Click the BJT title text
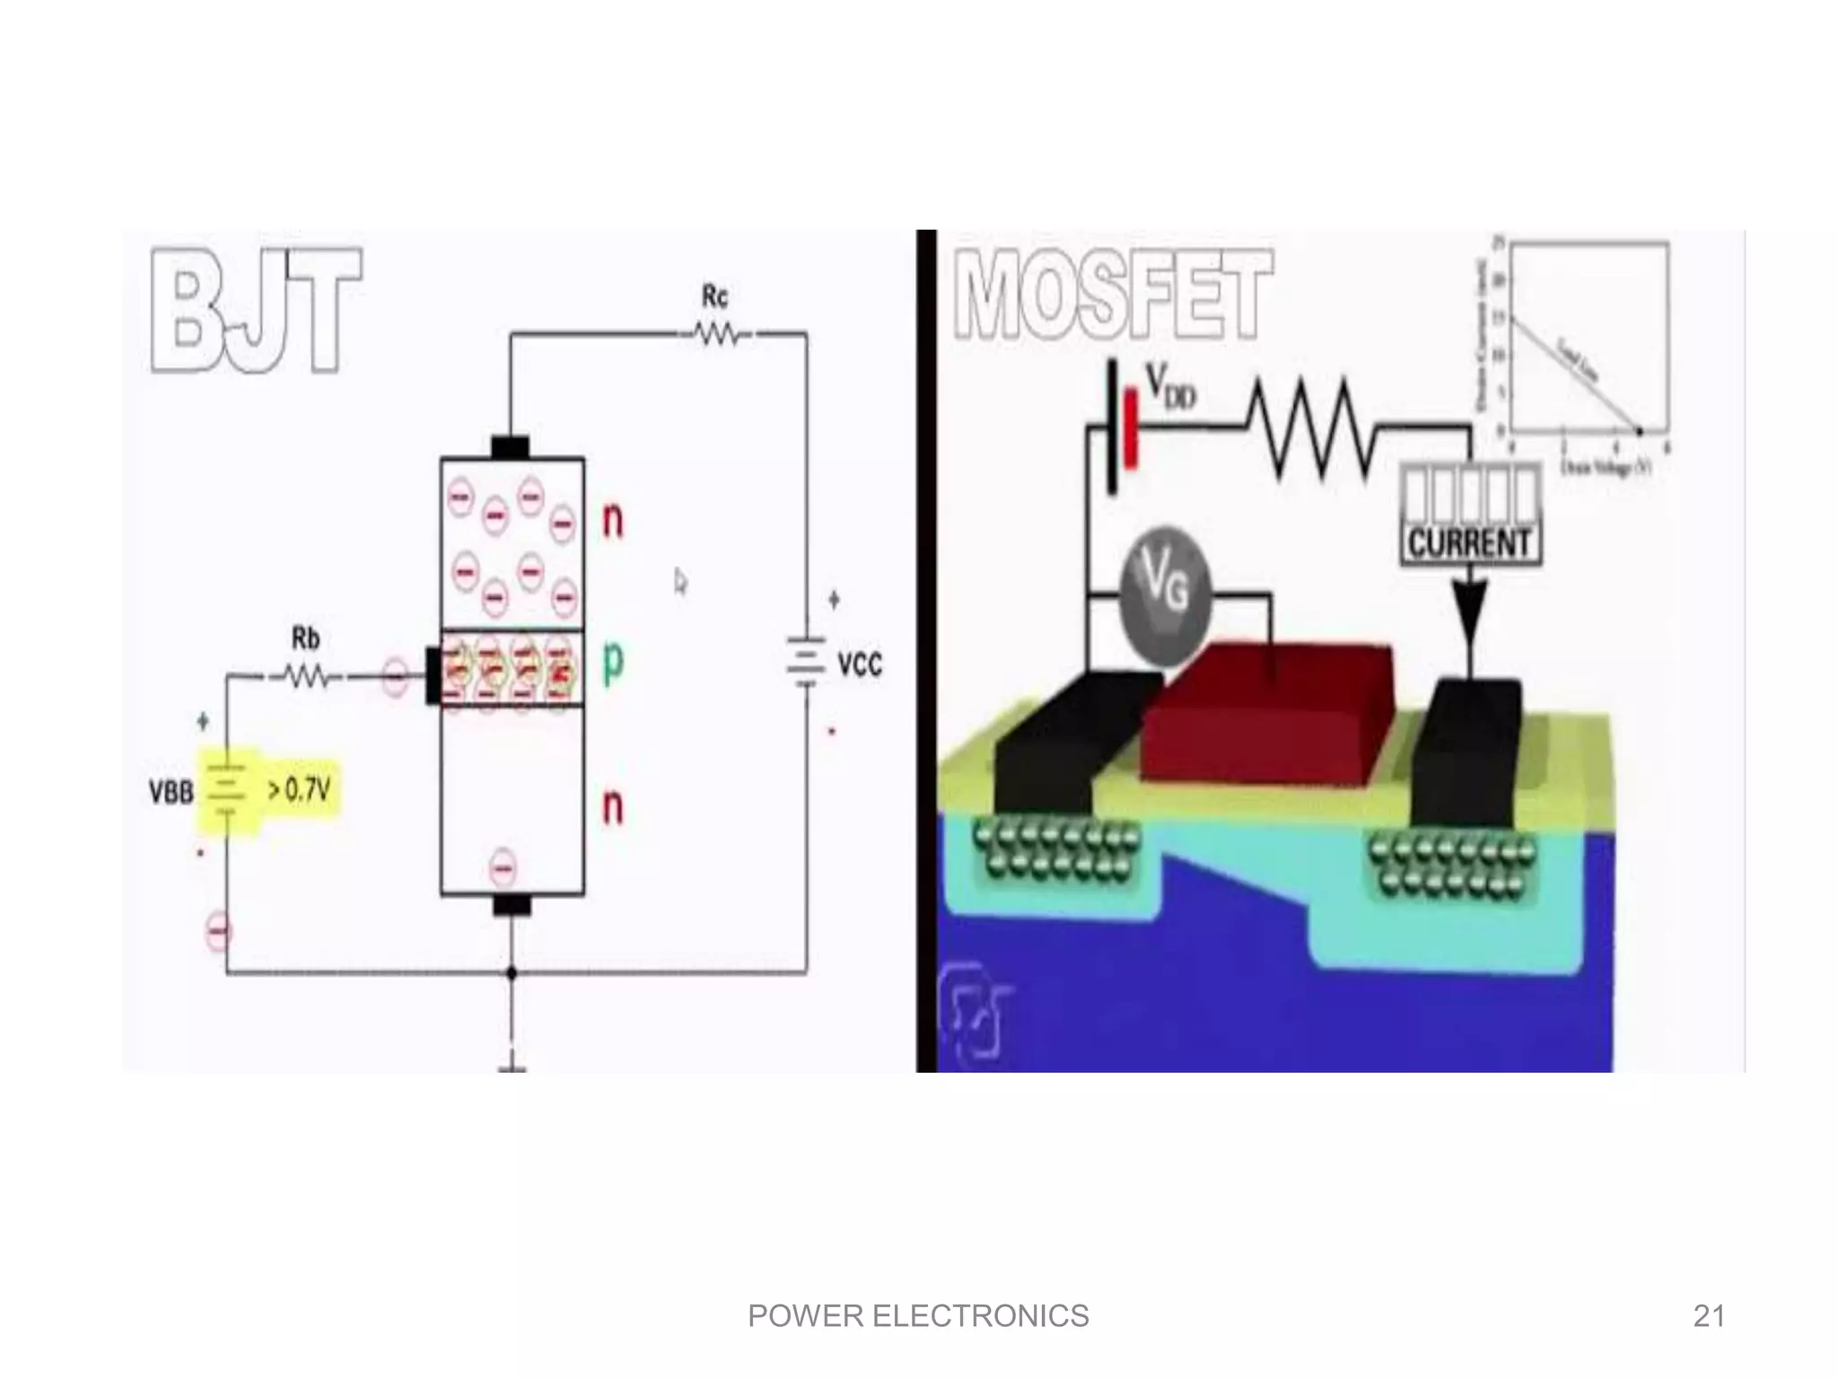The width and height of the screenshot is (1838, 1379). pyautogui.click(x=256, y=310)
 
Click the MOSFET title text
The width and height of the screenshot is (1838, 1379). pyautogui.click(x=1113, y=294)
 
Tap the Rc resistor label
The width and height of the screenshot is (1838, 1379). pyautogui.click(x=714, y=296)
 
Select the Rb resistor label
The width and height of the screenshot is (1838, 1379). pyautogui.click(x=305, y=638)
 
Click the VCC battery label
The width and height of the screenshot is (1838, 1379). pyautogui.click(x=859, y=665)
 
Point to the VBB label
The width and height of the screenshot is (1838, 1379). pyautogui.click(x=171, y=793)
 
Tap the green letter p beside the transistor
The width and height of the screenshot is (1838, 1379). pyautogui.click(x=612, y=663)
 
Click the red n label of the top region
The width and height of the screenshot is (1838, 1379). pyautogui.click(x=612, y=520)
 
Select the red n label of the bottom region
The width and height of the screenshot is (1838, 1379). pyautogui.click(x=612, y=806)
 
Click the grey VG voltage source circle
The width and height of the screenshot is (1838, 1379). pyautogui.click(x=1166, y=591)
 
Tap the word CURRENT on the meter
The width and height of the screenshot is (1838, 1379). pyautogui.click(x=1470, y=543)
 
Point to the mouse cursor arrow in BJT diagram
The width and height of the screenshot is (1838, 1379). pyautogui.click(x=680, y=582)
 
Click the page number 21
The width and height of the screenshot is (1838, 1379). pyautogui.click(x=1709, y=1316)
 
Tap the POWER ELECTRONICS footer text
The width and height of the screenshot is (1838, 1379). pyautogui.click(x=918, y=1316)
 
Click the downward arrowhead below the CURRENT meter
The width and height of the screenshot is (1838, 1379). pyautogui.click(x=1469, y=610)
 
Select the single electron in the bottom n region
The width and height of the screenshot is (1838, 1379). pyautogui.click(x=503, y=868)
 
